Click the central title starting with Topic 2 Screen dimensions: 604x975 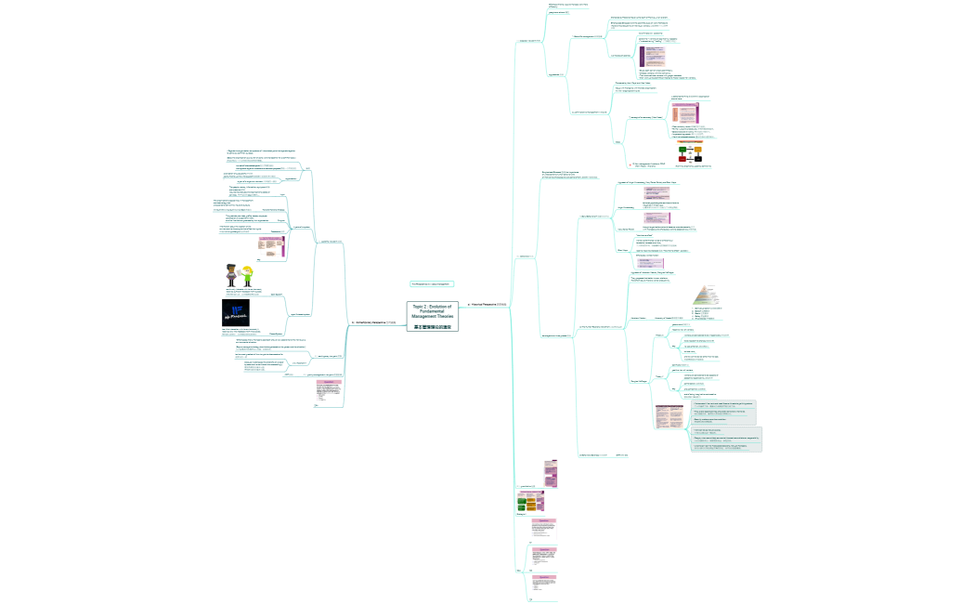(x=430, y=309)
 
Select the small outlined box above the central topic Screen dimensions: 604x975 (x=430, y=283)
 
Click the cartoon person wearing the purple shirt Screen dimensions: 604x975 (x=233, y=276)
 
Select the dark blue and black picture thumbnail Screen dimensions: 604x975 (x=236, y=313)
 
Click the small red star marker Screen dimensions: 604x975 (x=630, y=164)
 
